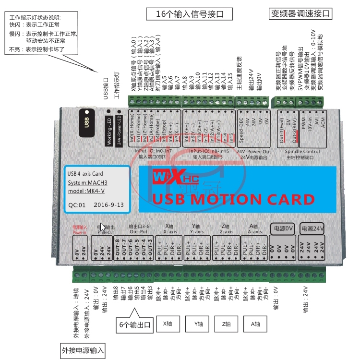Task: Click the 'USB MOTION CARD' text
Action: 233,199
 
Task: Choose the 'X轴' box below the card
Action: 169,324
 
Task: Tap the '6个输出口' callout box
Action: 135,325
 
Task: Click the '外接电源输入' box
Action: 83,350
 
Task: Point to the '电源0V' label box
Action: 283,228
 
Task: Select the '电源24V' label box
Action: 312,228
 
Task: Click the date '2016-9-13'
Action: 109,204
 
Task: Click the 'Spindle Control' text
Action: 302,152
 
